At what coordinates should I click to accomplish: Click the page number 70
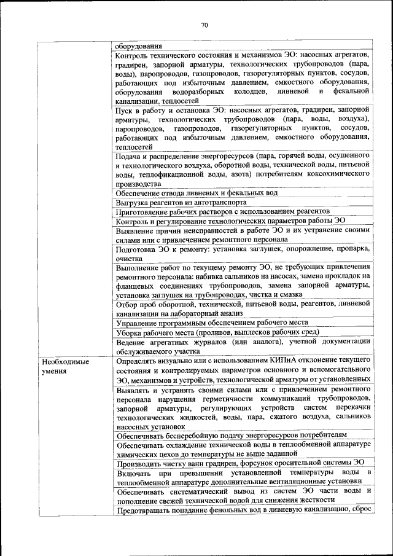[204, 25]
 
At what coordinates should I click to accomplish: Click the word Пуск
[125, 109]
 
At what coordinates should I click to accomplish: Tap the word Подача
[128, 156]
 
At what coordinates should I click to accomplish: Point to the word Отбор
[127, 303]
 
